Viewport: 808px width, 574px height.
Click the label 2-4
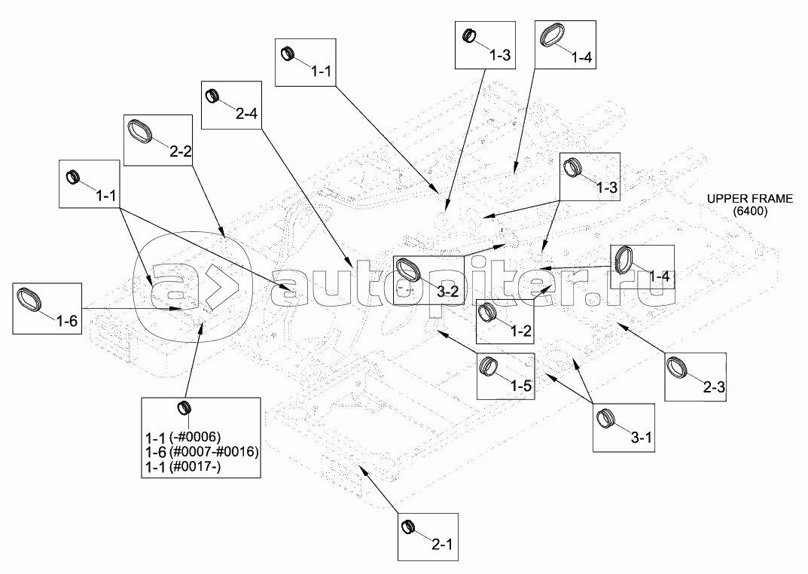[x=246, y=114]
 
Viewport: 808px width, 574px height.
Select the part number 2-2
[x=180, y=151]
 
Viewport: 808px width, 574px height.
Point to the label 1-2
[x=522, y=331]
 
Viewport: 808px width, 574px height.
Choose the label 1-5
[x=521, y=386]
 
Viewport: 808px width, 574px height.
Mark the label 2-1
[x=442, y=543]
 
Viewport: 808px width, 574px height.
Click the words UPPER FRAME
[x=749, y=199]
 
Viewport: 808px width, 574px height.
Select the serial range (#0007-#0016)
[x=215, y=452]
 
